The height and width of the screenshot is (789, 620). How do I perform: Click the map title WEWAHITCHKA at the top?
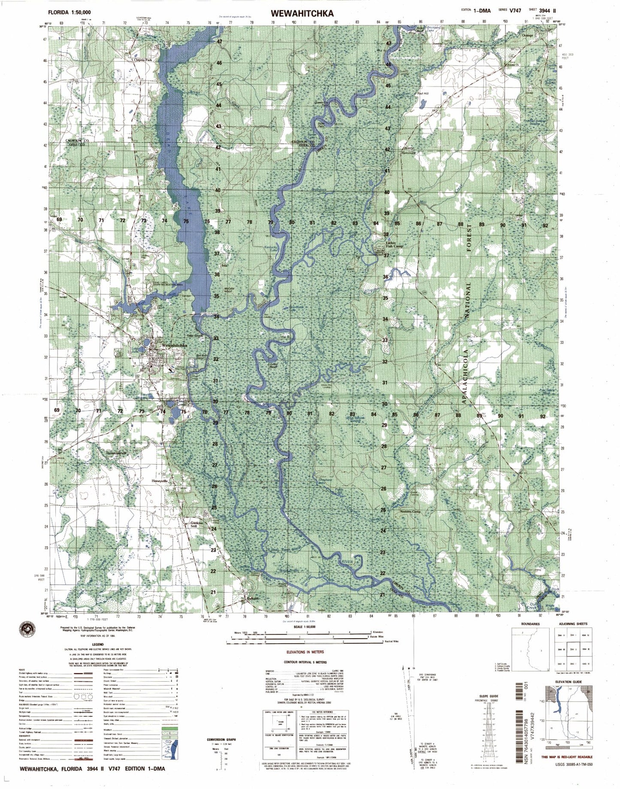click(x=302, y=14)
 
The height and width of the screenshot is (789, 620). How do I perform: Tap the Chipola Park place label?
click(x=141, y=60)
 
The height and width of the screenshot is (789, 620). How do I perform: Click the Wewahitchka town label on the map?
click(x=174, y=345)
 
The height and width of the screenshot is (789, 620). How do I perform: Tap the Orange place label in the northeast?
click(x=527, y=36)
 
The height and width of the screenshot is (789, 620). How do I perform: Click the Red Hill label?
click(x=423, y=94)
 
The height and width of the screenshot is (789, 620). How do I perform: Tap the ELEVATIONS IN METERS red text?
click(x=305, y=652)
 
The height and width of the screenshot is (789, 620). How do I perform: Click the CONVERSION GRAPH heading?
click(x=221, y=740)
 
